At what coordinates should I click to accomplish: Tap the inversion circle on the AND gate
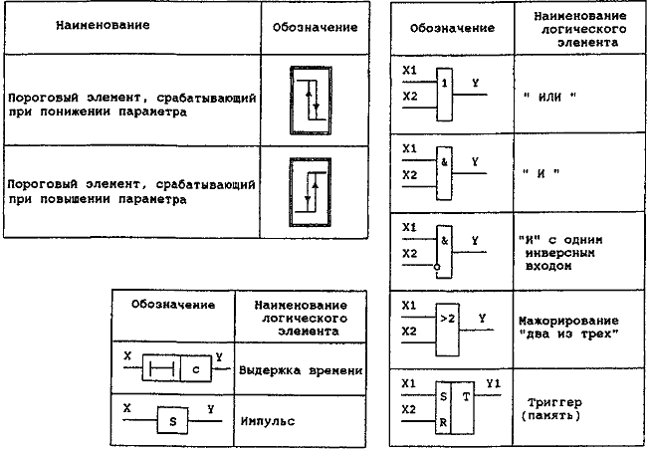click(437, 267)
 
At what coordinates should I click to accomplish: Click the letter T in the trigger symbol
click(466, 396)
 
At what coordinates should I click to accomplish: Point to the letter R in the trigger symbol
click(443, 423)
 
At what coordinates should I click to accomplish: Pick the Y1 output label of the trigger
click(494, 384)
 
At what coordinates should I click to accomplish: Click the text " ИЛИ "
click(549, 97)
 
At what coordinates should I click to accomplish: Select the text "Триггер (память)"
click(552, 409)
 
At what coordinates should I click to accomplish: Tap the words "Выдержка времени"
click(301, 370)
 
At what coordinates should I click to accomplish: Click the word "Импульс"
click(268, 421)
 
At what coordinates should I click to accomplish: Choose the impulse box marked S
click(172, 420)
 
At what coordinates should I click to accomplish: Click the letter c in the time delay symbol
click(196, 369)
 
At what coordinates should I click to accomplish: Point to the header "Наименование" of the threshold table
click(103, 25)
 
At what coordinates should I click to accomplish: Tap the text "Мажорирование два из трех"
click(568, 328)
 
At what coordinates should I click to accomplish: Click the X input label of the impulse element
click(127, 408)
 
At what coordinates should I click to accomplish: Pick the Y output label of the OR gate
click(475, 83)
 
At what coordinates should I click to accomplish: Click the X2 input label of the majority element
click(409, 331)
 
